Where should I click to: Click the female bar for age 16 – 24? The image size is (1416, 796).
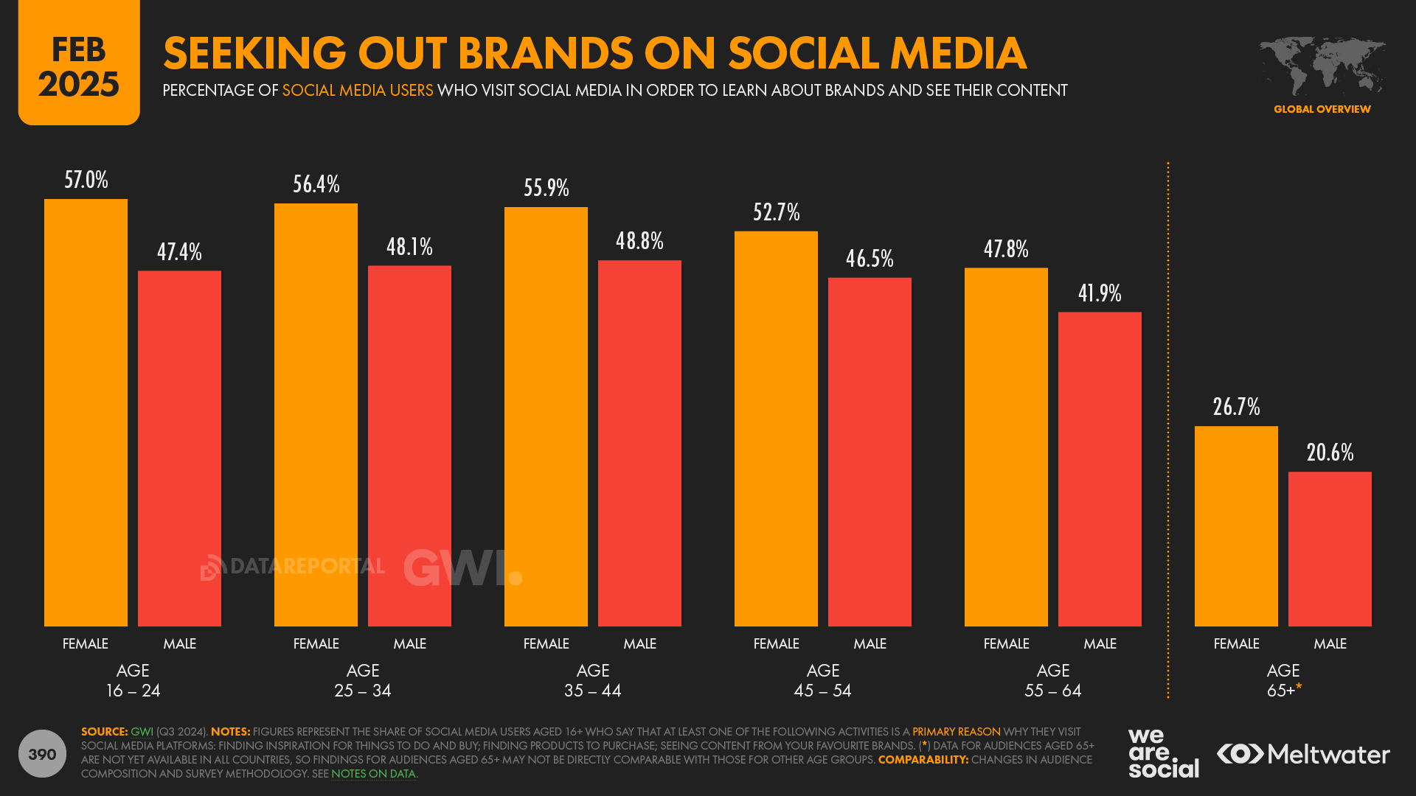click(x=86, y=413)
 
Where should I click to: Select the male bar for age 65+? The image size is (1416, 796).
click(x=1330, y=549)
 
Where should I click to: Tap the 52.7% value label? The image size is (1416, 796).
click(x=776, y=212)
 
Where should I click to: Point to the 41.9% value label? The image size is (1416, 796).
click(x=1100, y=293)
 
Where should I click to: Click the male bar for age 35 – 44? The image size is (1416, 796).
click(x=639, y=442)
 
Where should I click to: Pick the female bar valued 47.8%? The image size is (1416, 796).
click(x=1006, y=447)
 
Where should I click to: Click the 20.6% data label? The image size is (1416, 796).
click(x=1330, y=453)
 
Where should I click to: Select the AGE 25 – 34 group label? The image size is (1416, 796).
click(x=363, y=680)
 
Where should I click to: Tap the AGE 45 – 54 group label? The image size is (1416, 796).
click(x=823, y=680)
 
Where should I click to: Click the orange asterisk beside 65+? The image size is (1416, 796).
click(x=1299, y=687)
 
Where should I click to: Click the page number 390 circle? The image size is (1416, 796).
click(x=42, y=754)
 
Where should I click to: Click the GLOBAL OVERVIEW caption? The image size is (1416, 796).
click(x=1322, y=109)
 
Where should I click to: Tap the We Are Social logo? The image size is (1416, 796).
click(x=1163, y=753)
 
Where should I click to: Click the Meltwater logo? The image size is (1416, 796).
click(x=1303, y=754)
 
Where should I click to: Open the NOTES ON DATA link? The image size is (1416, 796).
click(x=373, y=774)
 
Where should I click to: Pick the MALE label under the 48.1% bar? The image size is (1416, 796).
click(x=409, y=643)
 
